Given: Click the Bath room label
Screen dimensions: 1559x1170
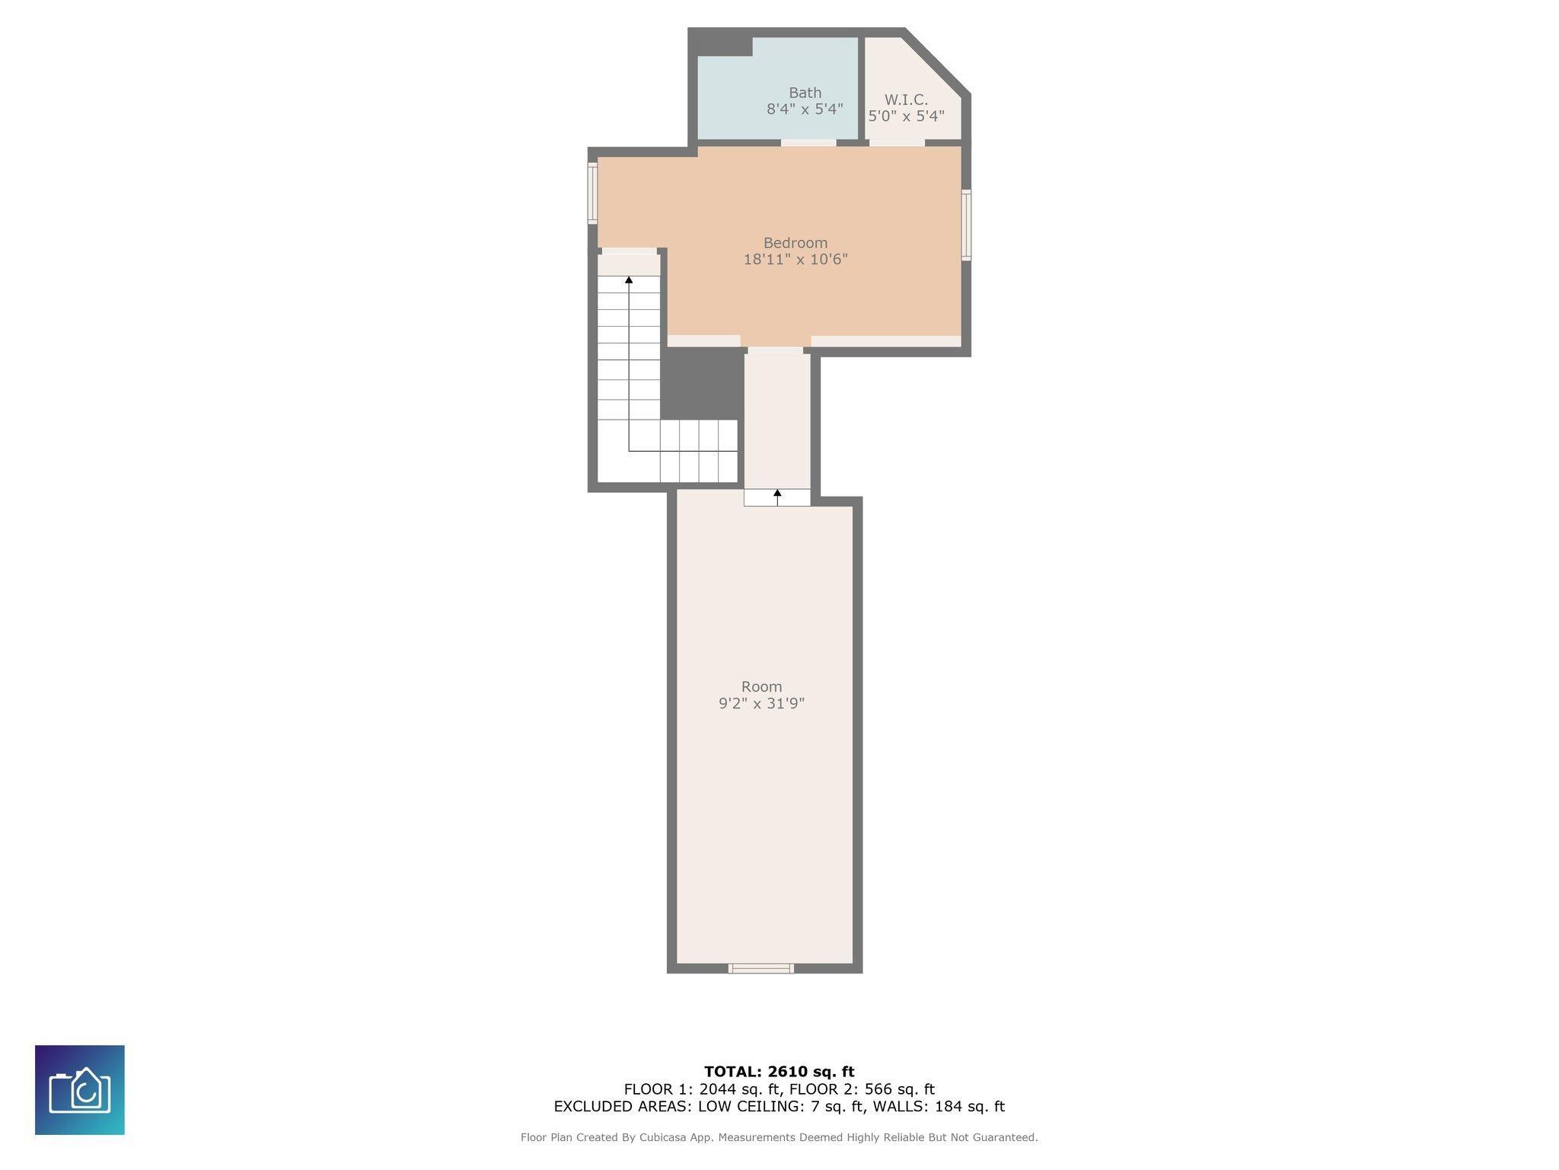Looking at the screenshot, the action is tap(805, 93).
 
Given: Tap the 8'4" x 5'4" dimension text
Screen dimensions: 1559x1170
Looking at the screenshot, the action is tap(805, 109).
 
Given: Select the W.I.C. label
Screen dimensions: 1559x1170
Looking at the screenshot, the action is tap(906, 100).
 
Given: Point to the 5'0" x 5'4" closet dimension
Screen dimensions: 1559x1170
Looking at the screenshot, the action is tap(906, 116).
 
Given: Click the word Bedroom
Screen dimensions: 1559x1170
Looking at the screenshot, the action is tap(795, 243).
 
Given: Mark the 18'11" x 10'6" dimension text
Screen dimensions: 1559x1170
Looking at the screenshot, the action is tap(795, 259).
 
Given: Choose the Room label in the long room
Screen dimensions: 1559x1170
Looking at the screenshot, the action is tap(761, 686).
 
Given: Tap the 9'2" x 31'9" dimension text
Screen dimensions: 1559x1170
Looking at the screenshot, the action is tap(761, 703).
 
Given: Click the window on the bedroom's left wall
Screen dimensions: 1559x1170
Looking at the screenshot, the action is tap(592, 193).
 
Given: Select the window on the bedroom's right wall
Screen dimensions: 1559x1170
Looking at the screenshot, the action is tap(966, 225).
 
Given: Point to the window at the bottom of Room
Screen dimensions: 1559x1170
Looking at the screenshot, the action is tap(760, 968).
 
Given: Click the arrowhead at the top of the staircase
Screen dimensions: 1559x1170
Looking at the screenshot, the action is tap(629, 280).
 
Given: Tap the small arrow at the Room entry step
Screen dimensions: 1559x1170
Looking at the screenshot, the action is tap(777, 497).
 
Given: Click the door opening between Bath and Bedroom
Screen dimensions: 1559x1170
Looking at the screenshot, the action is tap(808, 142).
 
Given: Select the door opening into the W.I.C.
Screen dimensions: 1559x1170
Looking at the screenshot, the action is tap(897, 142).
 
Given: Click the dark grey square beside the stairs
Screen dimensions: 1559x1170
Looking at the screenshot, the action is tap(702, 385).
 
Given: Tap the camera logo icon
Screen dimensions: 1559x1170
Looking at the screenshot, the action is tap(80, 1090).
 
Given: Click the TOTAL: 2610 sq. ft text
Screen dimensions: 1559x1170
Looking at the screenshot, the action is tap(779, 1072).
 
